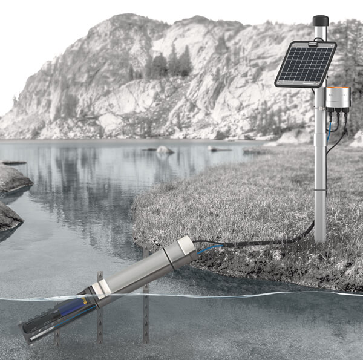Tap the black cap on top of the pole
coord(320,21)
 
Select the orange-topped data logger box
coord(337,97)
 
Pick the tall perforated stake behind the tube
coord(146,303)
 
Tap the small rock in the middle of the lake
coord(164,149)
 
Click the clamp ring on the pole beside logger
coord(319,106)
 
